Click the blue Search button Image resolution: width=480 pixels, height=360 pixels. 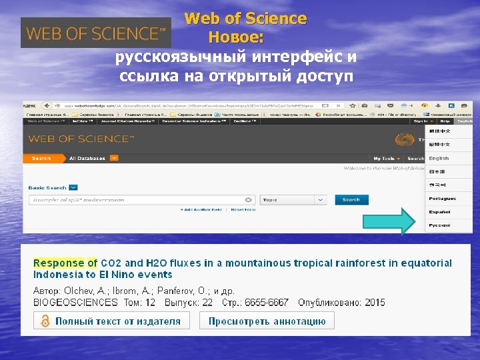pos(351,199)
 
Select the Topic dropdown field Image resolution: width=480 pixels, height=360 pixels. pos(293,199)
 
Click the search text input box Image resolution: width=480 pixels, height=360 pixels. pos(140,199)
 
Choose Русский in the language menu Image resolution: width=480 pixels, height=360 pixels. pos(439,225)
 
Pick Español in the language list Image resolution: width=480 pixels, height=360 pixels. pos(439,212)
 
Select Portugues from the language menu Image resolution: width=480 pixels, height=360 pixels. pos(442,199)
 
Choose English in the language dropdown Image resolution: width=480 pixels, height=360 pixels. pos(439,159)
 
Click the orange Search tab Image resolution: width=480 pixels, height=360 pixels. pos(41,158)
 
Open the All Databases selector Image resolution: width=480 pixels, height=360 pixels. pos(93,158)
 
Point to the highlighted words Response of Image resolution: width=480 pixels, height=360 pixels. pos(65,263)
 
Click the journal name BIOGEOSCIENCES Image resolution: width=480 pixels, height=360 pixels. pos(75,303)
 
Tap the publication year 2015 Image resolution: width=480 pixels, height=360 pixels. pos(375,303)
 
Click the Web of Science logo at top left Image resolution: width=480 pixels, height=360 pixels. pos(96,32)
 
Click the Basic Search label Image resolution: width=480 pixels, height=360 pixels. pos(47,187)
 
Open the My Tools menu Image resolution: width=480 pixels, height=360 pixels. pos(386,159)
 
